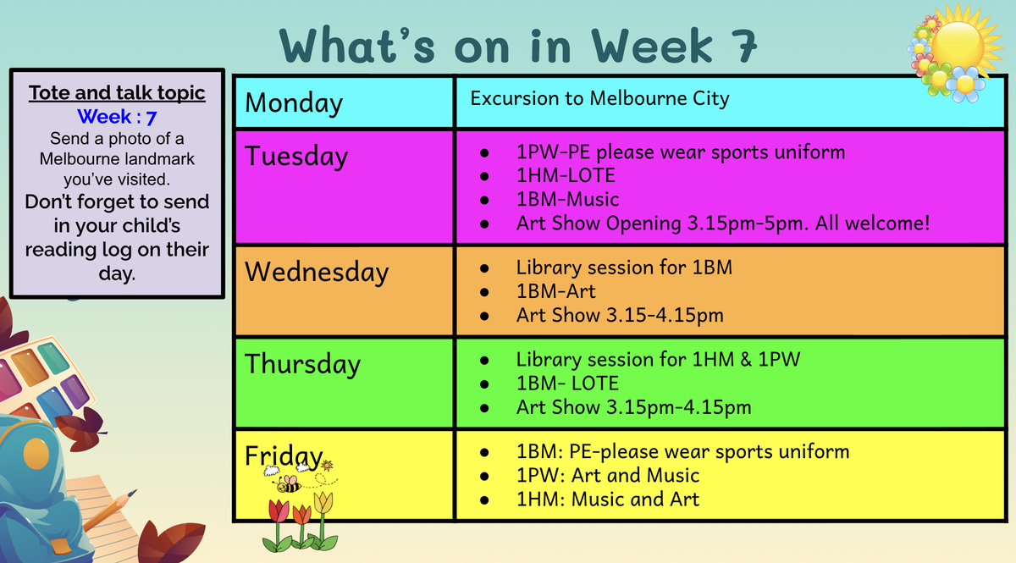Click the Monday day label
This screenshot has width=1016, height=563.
coord(294,103)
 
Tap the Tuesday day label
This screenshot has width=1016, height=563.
coord(296,157)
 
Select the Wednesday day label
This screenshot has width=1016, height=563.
coord(317,272)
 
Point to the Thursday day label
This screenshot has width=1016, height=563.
coord(302,364)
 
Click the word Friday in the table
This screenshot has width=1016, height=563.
coord(284,456)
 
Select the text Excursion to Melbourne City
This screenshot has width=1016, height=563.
coord(599,98)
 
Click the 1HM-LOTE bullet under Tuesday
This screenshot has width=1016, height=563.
coord(566,175)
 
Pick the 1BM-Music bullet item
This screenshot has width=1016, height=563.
coord(567,200)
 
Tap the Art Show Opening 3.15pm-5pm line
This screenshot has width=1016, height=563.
coord(723,224)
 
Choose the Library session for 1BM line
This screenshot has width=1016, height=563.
coord(624,268)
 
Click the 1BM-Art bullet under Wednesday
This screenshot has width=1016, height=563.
coord(555,292)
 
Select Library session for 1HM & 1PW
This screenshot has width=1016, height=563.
coord(658,360)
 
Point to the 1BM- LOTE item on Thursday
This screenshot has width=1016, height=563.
coord(567,384)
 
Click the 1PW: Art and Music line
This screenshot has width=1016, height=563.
coord(608,476)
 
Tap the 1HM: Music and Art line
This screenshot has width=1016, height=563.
coord(608,500)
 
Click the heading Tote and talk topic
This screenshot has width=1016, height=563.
coord(117,93)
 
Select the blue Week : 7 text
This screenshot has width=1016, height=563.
coord(117,117)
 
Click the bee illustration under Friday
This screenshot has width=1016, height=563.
coord(288,484)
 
